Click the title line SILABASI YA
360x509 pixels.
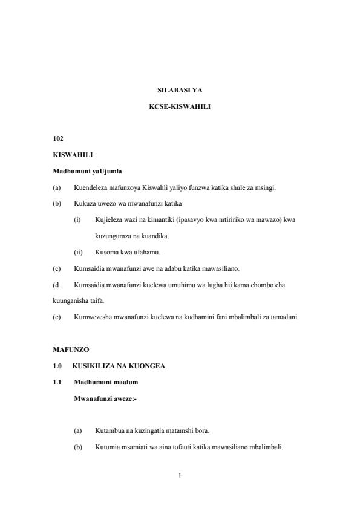(x=180, y=91)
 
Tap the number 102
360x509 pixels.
(x=58, y=139)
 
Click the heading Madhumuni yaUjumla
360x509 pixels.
(x=87, y=171)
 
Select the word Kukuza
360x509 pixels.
(x=83, y=203)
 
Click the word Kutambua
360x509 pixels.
(x=108, y=431)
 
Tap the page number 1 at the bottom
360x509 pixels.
(x=180, y=476)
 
